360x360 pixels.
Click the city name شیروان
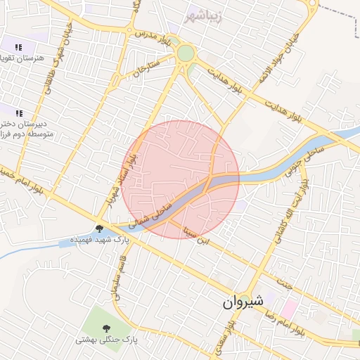pos(243,302)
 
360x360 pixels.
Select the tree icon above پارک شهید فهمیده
pos(100,228)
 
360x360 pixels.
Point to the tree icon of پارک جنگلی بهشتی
pos(106,328)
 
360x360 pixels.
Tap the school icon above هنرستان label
pos(19,46)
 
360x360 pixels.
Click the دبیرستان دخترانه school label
pos(21,127)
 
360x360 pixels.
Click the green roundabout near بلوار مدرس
pos(185,53)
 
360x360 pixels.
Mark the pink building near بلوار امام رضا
pos(288,308)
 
